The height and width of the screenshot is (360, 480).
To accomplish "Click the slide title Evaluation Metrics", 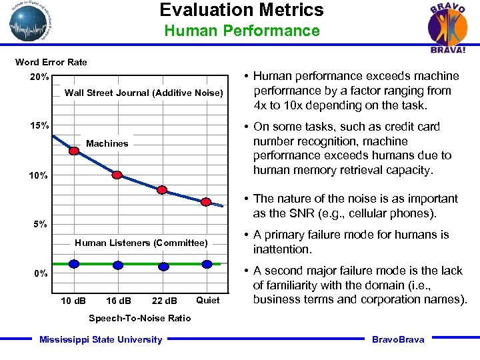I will [241, 10].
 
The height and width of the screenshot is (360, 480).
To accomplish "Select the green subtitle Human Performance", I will [241, 31].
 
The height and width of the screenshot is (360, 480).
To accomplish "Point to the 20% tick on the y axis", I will [39, 77].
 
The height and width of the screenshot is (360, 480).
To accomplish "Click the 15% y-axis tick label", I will [39, 126].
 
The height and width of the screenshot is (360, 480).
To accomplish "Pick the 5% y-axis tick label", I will [39, 225].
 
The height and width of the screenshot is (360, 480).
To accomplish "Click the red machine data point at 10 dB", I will [74, 151].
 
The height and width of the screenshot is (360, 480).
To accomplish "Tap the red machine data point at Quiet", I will [207, 201].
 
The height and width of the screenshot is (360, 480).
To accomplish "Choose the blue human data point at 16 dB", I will [118, 265].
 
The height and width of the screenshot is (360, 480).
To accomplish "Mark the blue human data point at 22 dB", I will [163, 266].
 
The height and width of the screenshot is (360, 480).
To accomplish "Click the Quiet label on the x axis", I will [207, 300].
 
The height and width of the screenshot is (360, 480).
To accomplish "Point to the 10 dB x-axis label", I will [73, 300].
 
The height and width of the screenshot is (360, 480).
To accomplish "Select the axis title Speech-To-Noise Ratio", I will [140, 318].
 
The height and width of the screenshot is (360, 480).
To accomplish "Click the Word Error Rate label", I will [51, 62].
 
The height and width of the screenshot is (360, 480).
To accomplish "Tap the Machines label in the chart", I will [107, 143].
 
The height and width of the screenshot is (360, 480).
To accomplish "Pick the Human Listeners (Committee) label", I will [141, 243].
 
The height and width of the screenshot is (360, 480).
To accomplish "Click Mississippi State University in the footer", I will [101, 339].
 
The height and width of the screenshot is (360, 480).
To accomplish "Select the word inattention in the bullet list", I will [282, 249].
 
